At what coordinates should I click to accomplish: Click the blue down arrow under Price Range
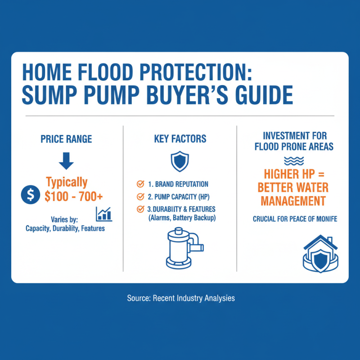pyautogui.click(x=67, y=161)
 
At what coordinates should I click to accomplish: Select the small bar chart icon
pyautogui.click(x=104, y=214)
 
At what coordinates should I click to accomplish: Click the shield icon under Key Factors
pyautogui.click(x=180, y=161)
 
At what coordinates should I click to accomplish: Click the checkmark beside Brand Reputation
pyautogui.click(x=140, y=184)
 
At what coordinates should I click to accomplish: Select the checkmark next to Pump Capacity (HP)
pyautogui.click(x=140, y=196)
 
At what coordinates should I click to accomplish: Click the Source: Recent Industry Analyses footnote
pyautogui.click(x=180, y=298)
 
